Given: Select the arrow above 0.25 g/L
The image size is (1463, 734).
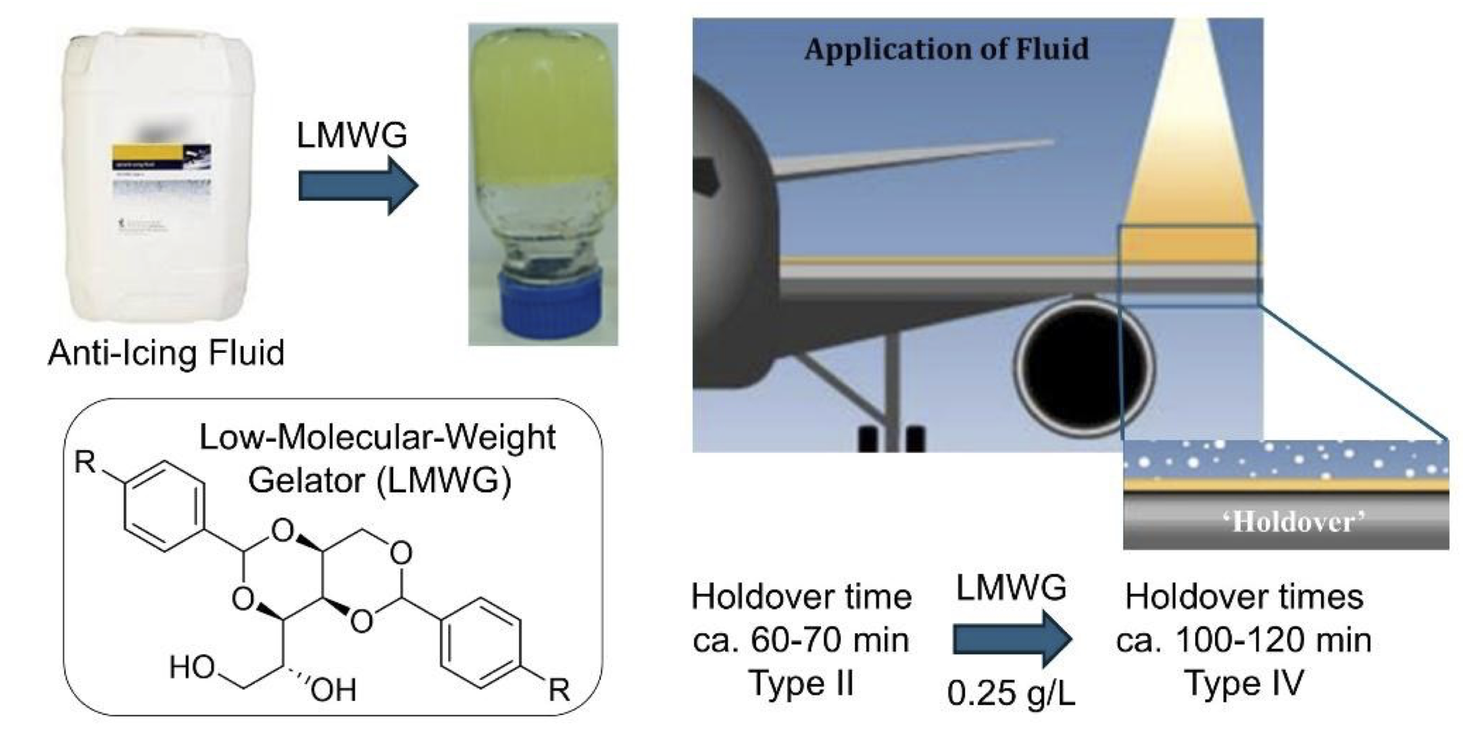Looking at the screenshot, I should click(x=1012, y=638).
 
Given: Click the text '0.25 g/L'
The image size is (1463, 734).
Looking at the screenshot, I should click(x=1011, y=693).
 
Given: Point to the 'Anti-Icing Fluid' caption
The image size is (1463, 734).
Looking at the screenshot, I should click(x=166, y=353).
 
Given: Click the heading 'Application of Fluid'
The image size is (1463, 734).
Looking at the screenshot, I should click(x=946, y=49).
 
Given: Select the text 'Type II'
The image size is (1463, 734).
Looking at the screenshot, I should click(x=801, y=683).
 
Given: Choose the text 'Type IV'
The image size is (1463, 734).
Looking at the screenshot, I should click(x=1244, y=683).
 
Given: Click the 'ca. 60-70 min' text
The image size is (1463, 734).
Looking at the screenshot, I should click(x=801, y=640).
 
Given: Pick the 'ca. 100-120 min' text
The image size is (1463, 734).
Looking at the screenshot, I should click(x=1244, y=640).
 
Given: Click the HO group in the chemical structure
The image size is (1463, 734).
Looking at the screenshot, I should click(x=192, y=667).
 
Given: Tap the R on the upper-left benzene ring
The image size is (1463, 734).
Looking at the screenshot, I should click(x=86, y=463).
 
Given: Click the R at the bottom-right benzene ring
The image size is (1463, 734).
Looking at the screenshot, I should click(x=559, y=690).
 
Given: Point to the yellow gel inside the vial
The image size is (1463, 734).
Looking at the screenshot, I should click(x=543, y=115).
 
